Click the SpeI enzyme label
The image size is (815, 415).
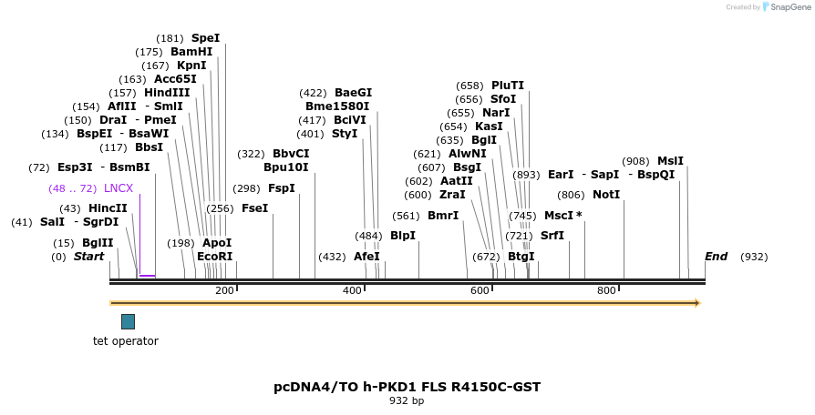coord(205,38)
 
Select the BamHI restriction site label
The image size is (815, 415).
coord(191,52)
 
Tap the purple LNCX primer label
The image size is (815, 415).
coord(119,188)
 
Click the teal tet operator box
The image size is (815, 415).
coord(128,321)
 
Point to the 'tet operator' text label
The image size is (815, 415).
coord(126,341)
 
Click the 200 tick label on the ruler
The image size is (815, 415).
coord(224,290)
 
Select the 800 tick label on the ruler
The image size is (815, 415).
coord(606,290)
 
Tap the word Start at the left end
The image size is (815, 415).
coord(88,257)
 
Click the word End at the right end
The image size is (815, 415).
coord(717,257)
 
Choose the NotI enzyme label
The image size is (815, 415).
coord(606,195)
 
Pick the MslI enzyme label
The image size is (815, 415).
coord(670,161)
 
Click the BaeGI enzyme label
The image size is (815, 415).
coord(353,93)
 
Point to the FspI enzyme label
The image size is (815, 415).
coord(282,188)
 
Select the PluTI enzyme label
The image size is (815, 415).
coord(508,86)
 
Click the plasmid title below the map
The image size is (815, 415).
coord(407,387)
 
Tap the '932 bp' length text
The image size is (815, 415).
coord(407,400)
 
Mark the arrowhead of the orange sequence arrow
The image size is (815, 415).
coord(696,302)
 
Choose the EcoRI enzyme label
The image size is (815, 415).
coord(215,257)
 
